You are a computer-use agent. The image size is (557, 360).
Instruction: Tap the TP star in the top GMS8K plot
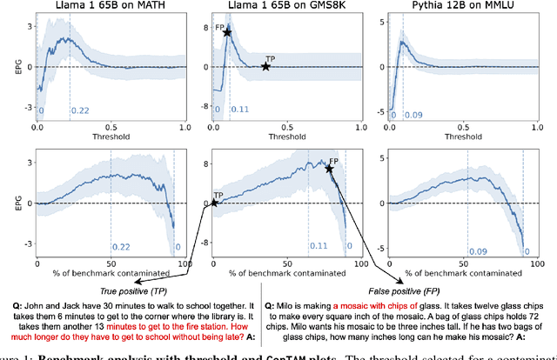(266, 67)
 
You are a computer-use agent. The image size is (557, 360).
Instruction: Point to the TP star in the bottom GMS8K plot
(213, 203)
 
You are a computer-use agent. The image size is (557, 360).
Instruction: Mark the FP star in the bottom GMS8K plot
(329, 168)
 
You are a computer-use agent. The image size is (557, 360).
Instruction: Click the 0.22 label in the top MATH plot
(79, 110)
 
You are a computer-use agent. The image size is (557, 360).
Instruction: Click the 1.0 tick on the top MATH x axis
(183, 127)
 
